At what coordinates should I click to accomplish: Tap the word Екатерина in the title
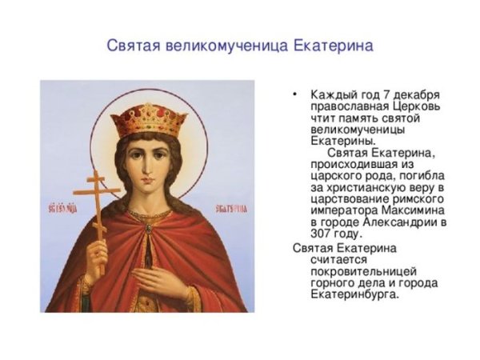tap(332, 46)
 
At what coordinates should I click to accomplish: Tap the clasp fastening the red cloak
tap(147, 230)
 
